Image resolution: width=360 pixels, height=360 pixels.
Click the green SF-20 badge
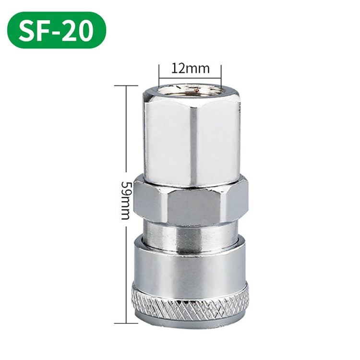[57, 30]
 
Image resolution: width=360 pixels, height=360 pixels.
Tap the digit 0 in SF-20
[84, 30]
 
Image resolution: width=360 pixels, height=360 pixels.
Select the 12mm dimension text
[191, 69]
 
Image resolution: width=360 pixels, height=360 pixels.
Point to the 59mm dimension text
[126, 201]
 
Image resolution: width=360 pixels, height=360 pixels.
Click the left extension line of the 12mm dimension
[159, 75]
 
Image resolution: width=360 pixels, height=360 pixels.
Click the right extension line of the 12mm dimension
[221, 75]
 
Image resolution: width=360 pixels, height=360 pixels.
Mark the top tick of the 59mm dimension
[126, 85]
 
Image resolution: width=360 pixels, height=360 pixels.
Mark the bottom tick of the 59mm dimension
[126, 323]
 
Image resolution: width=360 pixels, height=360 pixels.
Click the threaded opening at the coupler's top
[190, 89]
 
